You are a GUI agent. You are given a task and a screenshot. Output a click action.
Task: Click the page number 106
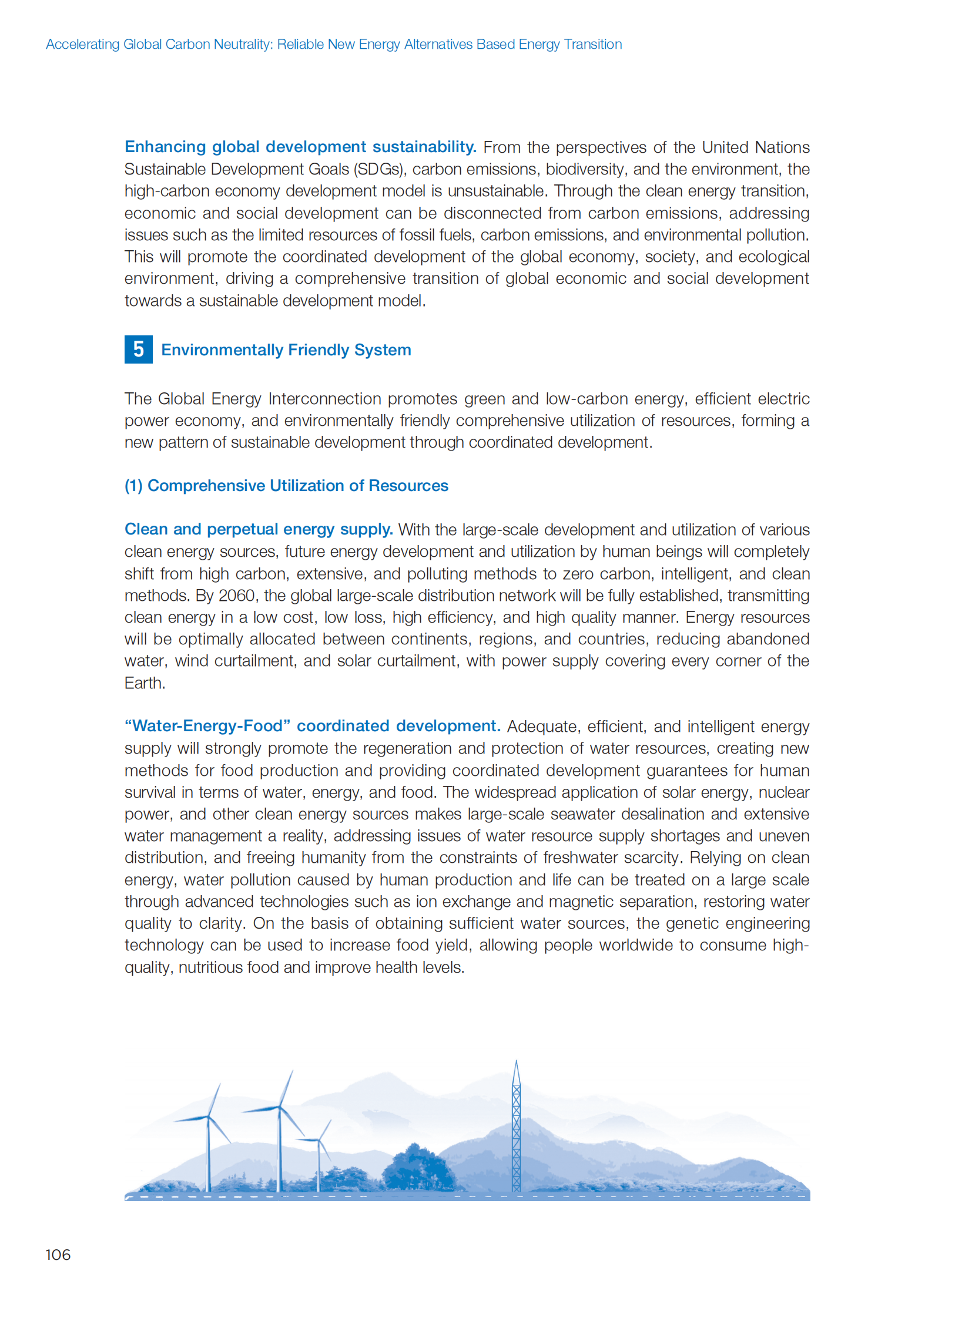click(x=58, y=1255)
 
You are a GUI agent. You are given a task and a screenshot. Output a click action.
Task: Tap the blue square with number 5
click(x=138, y=349)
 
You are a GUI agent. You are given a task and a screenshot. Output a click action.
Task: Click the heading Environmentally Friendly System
click(x=286, y=350)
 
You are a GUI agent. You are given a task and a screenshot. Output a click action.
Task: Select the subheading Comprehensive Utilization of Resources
click(x=286, y=486)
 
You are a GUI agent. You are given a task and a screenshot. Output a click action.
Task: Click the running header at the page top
click(x=334, y=45)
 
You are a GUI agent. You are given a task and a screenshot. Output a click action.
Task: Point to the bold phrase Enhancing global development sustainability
click(x=300, y=147)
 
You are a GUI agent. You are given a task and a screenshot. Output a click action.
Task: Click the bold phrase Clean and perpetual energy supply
click(x=259, y=529)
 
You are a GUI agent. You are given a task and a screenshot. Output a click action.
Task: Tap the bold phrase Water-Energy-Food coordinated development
click(x=313, y=727)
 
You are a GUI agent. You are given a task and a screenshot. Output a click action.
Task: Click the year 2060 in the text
click(x=236, y=596)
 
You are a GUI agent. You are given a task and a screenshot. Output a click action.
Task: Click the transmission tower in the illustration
click(x=516, y=1129)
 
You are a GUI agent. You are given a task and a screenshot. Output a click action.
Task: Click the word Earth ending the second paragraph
click(x=144, y=684)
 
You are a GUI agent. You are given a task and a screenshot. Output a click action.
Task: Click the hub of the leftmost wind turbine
click(x=207, y=1117)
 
